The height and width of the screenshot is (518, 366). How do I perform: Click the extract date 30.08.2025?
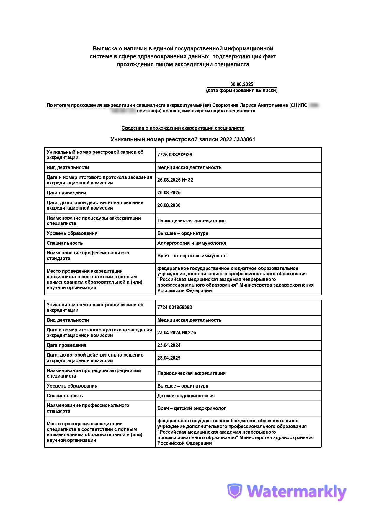241,84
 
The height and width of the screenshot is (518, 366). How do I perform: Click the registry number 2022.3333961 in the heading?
237,139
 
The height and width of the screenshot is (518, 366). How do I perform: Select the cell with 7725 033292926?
174,155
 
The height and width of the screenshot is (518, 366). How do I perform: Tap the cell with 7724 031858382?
174,308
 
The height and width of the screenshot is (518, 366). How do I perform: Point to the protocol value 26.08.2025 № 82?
175,180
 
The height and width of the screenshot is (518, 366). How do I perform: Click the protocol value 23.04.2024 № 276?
177,333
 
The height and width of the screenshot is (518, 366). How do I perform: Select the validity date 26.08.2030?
169,205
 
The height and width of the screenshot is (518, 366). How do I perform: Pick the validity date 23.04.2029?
169,358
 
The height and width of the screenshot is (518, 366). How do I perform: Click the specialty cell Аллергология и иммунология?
192,243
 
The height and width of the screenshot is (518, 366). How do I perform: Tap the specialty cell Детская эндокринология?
186,396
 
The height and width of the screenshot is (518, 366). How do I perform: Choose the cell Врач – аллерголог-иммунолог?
192,256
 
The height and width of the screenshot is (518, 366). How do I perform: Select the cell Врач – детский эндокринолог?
191,408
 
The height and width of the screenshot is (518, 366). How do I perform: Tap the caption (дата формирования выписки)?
241,91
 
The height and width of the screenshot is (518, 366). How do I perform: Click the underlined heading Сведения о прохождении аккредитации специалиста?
183,128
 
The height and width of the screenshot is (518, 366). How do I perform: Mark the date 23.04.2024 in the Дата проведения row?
169,345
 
